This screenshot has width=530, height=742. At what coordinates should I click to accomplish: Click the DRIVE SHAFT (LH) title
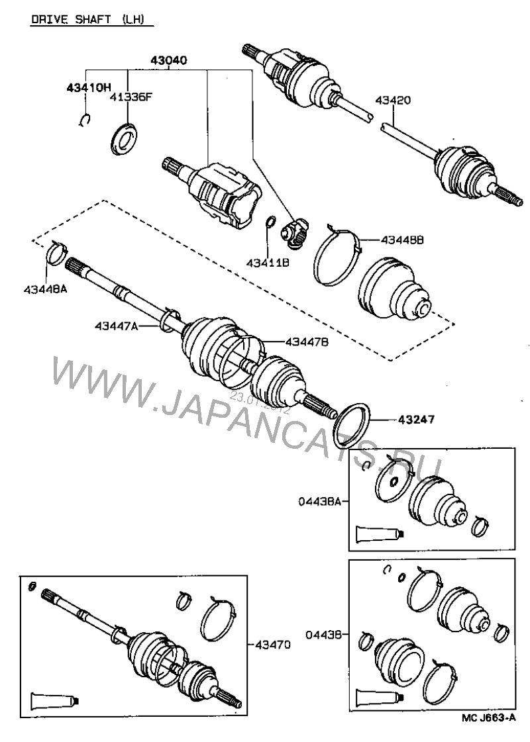(91, 20)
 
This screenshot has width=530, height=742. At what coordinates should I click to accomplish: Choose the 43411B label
(268, 262)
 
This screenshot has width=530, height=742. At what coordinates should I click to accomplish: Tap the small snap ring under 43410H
(83, 120)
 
